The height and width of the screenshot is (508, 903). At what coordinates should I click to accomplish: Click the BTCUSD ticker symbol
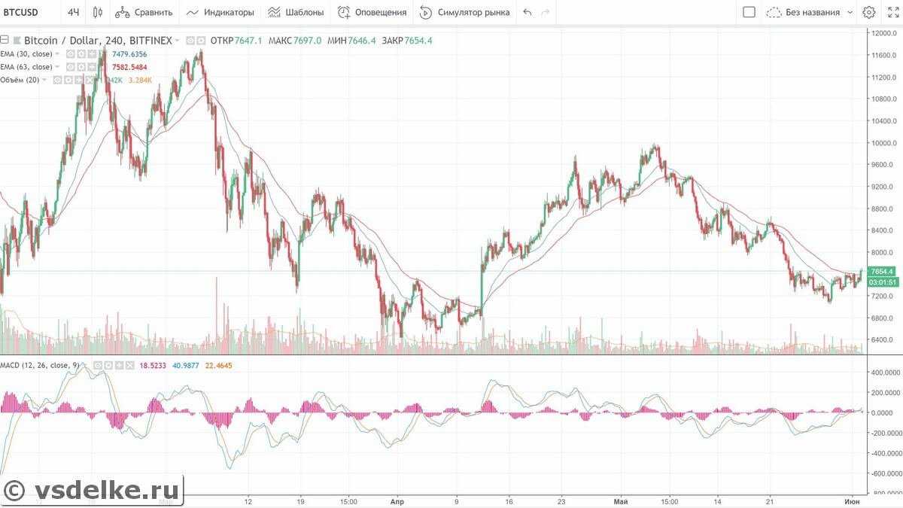coord(20,12)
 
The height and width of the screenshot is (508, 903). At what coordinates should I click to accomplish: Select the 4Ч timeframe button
coord(73,12)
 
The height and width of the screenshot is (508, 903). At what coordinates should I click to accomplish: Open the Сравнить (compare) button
coord(144,12)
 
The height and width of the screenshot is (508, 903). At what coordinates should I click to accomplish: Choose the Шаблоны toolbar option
coord(296,12)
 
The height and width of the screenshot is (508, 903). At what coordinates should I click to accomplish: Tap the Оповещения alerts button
coord(372,12)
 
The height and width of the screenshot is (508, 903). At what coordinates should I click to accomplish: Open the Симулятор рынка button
coord(464,12)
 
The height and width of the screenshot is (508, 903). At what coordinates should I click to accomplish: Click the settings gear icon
coord(869,12)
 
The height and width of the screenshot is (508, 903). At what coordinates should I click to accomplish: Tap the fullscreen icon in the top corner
coord(892,12)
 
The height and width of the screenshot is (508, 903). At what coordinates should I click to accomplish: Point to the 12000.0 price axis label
coord(881,33)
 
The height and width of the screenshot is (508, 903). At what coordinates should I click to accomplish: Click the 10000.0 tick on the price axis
coord(881,143)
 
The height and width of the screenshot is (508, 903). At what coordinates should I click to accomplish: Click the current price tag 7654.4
coord(881,271)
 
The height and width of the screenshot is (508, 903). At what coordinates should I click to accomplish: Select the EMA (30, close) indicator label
coord(26,54)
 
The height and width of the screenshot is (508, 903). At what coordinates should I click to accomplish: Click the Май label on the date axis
coord(621,500)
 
